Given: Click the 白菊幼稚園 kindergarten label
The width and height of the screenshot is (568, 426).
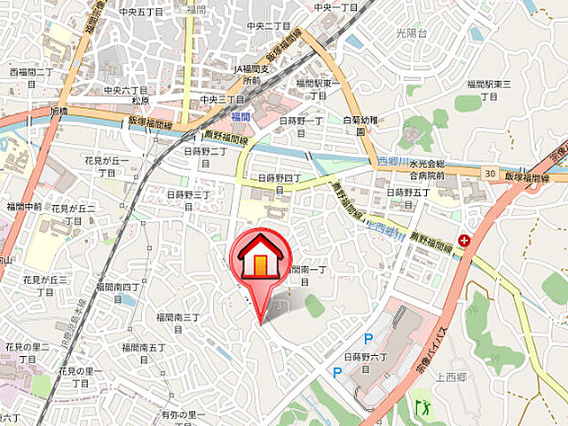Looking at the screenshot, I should (x=360, y=125).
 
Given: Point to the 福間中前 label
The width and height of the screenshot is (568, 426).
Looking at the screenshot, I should (x=23, y=207).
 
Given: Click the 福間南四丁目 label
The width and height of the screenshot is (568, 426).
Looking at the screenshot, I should (x=118, y=292).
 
